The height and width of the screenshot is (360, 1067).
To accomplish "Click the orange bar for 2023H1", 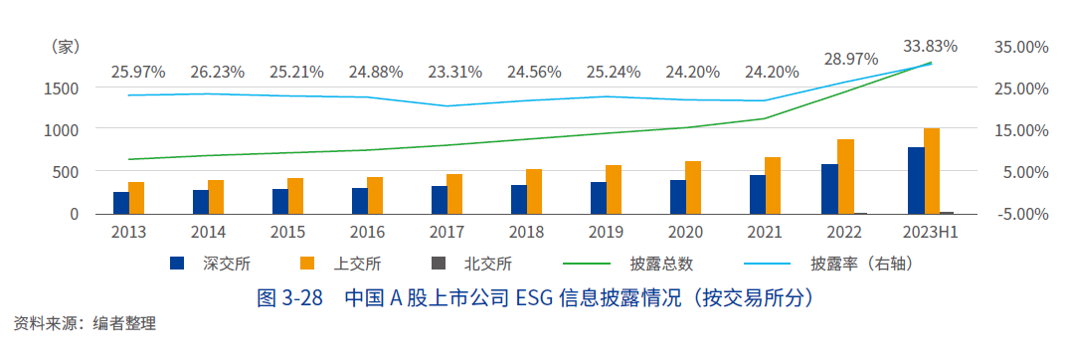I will tap(932, 171).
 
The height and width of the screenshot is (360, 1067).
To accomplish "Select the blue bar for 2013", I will tap(121, 203).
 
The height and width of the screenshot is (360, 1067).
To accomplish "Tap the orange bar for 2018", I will tap(534, 192).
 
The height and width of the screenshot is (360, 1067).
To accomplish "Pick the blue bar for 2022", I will tap(829, 189).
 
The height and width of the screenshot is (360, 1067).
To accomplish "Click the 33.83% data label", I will tap(930, 46).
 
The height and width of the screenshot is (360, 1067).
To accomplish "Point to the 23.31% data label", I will tap(454, 72).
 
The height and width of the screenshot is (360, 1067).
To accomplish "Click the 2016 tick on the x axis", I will tap(367, 232).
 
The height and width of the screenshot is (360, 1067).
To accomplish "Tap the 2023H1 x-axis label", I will tap(931, 232).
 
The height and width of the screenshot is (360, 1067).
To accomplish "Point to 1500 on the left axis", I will tap(61, 88).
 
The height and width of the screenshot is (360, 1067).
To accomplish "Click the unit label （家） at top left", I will tap(64, 47).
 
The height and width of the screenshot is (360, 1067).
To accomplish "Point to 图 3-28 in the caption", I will tap(290, 297).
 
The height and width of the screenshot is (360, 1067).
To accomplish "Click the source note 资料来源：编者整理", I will tap(85, 323).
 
